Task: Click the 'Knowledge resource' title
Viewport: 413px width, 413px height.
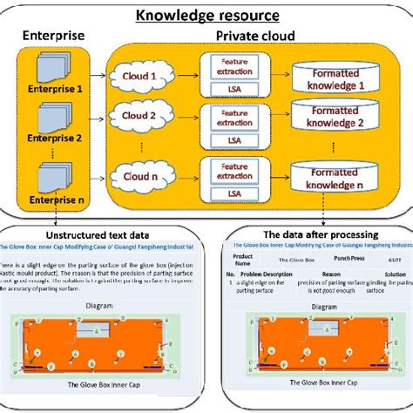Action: (x=206, y=16)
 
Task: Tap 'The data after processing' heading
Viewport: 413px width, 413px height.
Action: (x=315, y=234)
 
